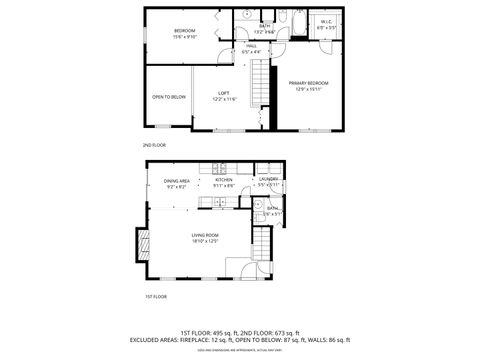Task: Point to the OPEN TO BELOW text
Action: click(168, 97)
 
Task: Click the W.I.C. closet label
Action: click(327, 21)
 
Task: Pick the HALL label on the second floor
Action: click(251, 45)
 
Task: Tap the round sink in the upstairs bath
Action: click(246, 17)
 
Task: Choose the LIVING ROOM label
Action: click(206, 235)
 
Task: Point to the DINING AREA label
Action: click(177, 180)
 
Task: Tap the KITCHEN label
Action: click(223, 180)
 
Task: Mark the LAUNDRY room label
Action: click(269, 180)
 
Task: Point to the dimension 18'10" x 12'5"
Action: click(206, 241)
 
